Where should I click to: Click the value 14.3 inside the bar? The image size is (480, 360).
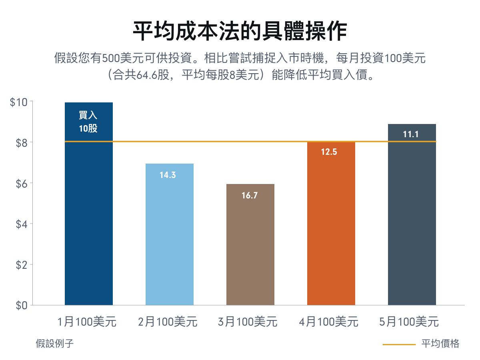tap(168, 175)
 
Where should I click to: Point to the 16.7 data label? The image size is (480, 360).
tap(250, 196)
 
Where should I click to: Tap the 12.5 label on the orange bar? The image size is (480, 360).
tap(330, 152)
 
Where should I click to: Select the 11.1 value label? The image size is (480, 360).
tap(411, 134)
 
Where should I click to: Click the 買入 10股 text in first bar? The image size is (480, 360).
tap(88, 122)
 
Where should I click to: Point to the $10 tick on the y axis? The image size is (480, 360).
tap(18, 102)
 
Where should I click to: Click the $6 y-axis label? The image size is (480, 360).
tap(21, 183)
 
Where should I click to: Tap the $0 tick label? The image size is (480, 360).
tap(21, 305)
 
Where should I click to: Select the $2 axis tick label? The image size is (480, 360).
tap(21, 264)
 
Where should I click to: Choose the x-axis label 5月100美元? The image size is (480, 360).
tap(409, 322)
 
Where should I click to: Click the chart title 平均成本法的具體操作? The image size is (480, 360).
tap(240, 31)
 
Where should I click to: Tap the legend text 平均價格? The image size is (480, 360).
tap(440, 344)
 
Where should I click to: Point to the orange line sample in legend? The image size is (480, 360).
tap(399, 344)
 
